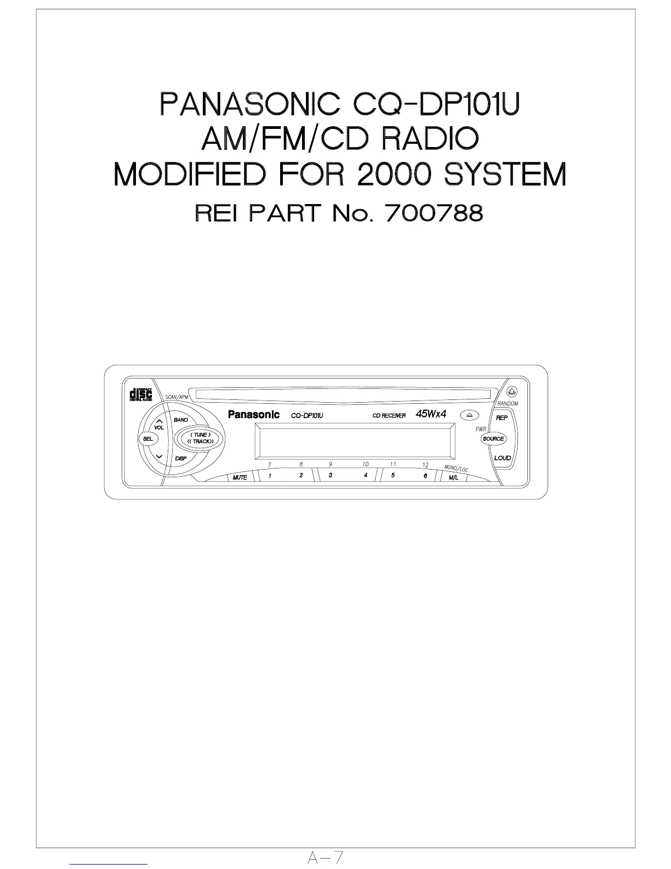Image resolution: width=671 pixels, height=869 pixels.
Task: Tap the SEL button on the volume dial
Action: [x=147, y=438]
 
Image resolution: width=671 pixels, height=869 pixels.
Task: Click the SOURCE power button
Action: [x=493, y=439]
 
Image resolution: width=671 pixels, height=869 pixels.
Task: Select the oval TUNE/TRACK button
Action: [x=200, y=438]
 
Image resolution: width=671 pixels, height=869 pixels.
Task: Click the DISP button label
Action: [x=181, y=458]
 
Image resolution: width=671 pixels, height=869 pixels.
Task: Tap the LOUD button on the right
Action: [x=502, y=458]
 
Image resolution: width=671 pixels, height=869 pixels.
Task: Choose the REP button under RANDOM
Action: [x=502, y=417]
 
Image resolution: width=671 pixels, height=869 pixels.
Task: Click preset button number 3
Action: [x=330, y=476]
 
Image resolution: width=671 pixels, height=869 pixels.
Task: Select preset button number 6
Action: [x=425, y=476]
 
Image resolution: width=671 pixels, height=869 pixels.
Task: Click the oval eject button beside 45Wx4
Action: [x=469, y=415]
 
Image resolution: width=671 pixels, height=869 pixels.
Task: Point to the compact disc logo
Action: [x=140, y=394]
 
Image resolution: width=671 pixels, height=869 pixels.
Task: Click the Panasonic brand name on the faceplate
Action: [x=254, y=415]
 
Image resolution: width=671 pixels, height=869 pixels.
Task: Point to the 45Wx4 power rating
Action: [x=431, y=414]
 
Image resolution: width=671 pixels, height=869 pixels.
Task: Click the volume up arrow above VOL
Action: [x=159, y=421]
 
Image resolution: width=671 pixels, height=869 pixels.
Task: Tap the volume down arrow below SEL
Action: [x=159, y=456]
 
